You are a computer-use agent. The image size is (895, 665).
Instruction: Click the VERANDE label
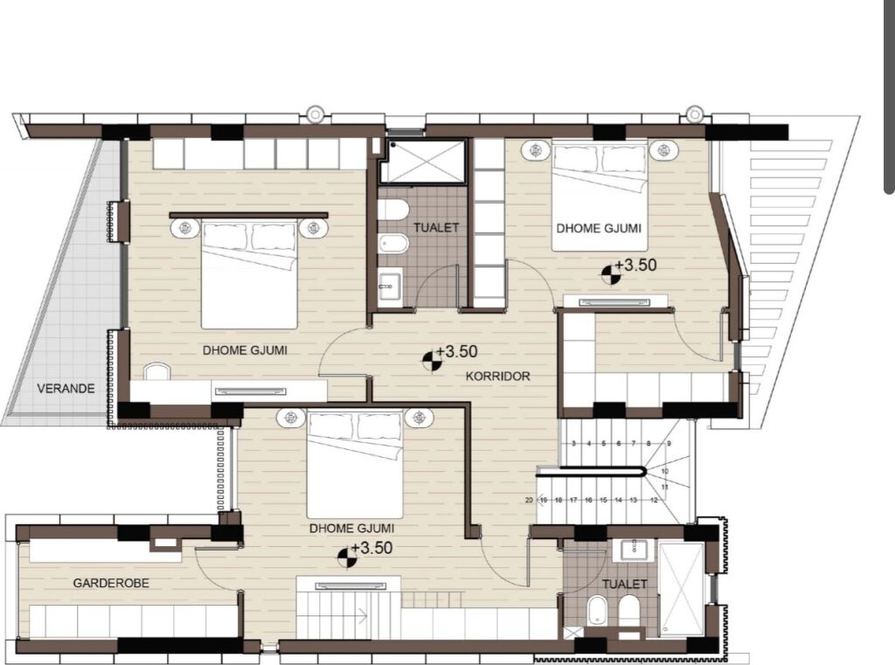(x=66, y=389)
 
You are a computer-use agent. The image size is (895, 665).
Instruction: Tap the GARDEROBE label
(x=111, y=583)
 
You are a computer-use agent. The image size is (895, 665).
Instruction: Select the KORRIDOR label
(x=497, y=376)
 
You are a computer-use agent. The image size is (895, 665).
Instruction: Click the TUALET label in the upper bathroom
(x=436, y=227)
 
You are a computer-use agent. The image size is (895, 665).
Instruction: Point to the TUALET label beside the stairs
(x=624, y=584)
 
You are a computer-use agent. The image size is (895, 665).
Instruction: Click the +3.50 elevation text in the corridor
(x=456, y=351)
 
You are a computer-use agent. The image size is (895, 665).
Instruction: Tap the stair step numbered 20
(x=529, y=500)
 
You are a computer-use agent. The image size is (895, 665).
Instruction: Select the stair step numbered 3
(x=573, y=443)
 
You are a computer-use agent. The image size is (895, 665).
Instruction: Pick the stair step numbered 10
(x=665, y=472)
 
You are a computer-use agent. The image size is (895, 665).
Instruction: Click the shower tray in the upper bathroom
(x=424, y=161)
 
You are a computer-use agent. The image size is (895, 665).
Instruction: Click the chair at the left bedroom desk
(x=156, y=371)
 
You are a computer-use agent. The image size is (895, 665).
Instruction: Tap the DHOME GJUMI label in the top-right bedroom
(x=599, y=228)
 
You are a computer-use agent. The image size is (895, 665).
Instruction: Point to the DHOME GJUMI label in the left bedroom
(x=245, y=350)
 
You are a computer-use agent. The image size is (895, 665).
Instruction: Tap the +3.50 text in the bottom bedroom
(x=371, y=548)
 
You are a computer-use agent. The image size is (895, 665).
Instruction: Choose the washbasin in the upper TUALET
(x=391, y=283)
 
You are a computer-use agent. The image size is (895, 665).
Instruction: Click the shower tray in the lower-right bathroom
(x=682, y=589)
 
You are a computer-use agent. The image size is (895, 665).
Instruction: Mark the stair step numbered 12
(x=654, y=500)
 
